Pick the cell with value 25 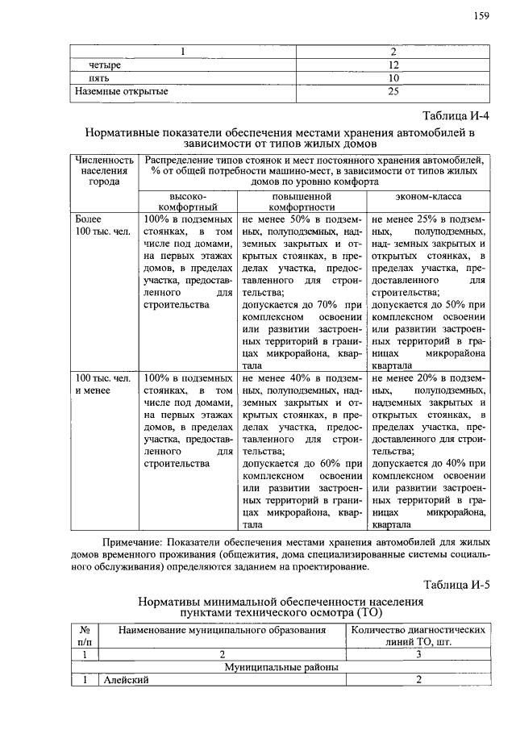(393, 92)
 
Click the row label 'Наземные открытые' (122, 92)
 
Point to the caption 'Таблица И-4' (456, 115)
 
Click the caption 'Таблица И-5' (456, 585)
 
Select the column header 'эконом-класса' (428, 196)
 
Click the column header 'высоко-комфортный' (188, 202)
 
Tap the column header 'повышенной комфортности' (302, 202)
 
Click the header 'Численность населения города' (104, 170)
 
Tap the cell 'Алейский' (127, 680)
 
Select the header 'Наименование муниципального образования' (222, 629)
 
